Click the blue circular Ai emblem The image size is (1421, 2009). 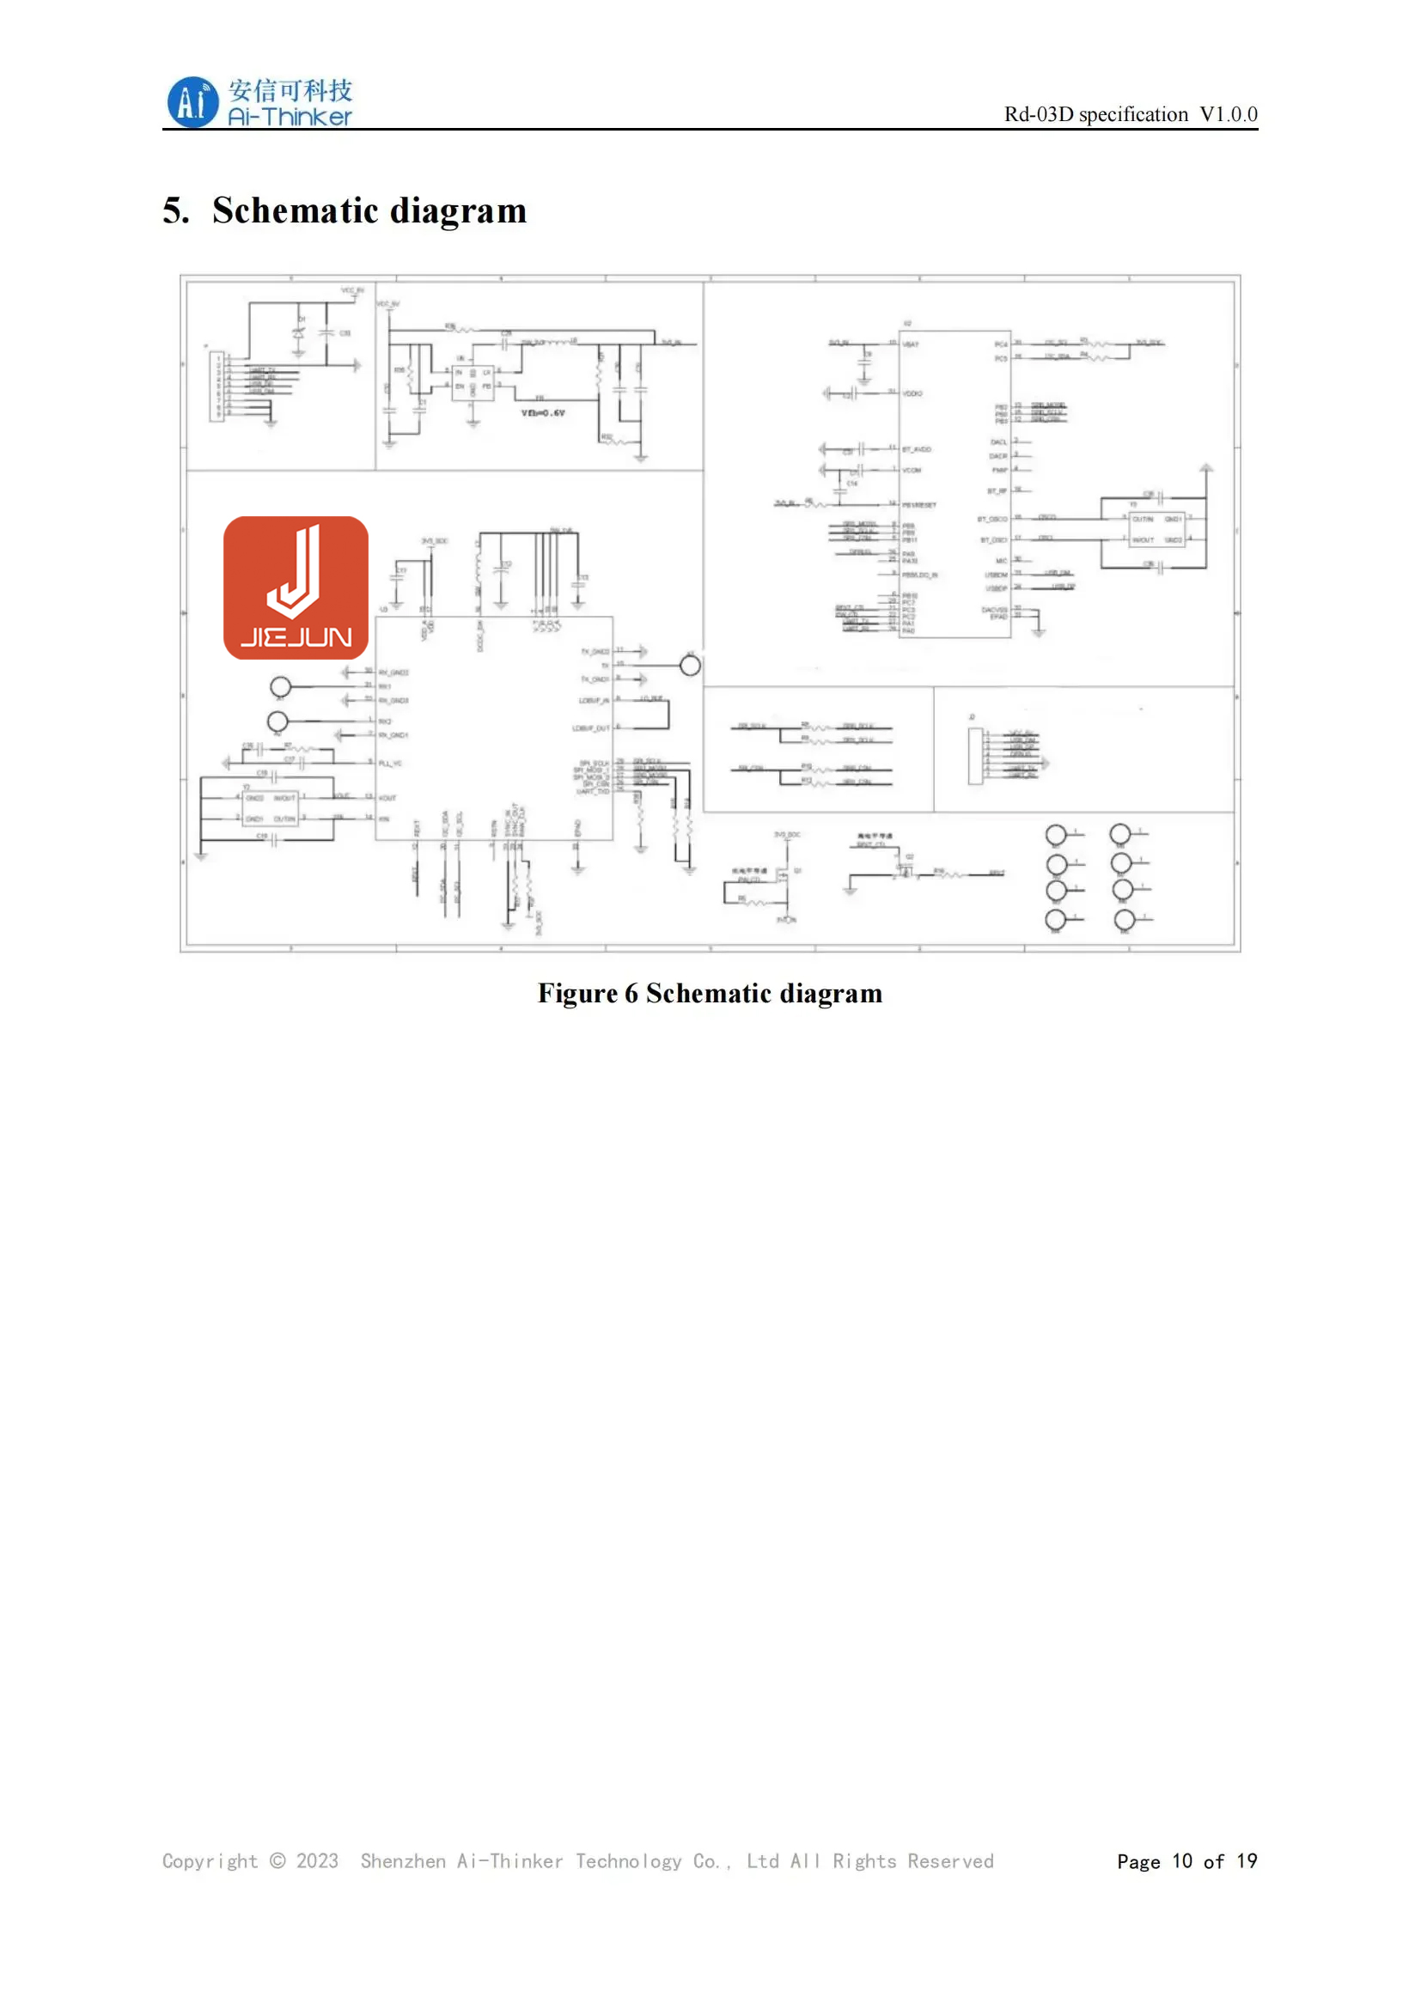192,102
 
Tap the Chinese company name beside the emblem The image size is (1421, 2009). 290,90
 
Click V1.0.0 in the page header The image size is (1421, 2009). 1228,114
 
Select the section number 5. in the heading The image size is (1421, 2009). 176,211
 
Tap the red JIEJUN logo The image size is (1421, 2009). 296,588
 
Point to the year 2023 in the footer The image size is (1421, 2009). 317,1861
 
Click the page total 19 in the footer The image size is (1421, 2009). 1247,1861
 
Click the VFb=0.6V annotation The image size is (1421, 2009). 543,413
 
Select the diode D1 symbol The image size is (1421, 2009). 299,334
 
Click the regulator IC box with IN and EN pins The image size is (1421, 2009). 473,383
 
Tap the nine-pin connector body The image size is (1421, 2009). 217,387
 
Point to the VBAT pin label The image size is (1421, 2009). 911,344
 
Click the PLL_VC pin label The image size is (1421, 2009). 390,764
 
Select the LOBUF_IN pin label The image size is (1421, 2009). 595,701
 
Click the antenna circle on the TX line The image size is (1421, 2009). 691,666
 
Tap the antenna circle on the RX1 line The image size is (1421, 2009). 281,687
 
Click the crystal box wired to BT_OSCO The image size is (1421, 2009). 1156,529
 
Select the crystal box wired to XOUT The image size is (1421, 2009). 271,808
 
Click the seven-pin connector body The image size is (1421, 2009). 976,757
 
